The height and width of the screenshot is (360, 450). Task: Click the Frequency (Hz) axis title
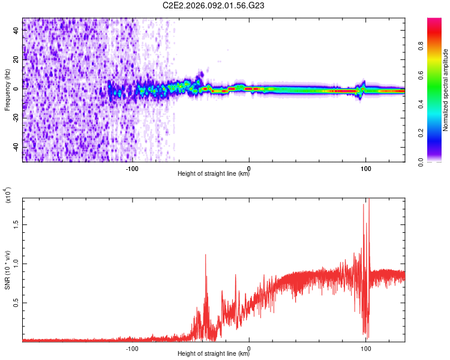tap(7, 89)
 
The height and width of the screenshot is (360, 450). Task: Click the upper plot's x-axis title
tap(214, 174)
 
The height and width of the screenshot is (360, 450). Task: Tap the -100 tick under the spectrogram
tap(133, 167)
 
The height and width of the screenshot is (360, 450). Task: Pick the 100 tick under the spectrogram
tap(365, 167)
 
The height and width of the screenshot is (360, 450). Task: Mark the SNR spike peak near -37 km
tap(206, 254)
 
